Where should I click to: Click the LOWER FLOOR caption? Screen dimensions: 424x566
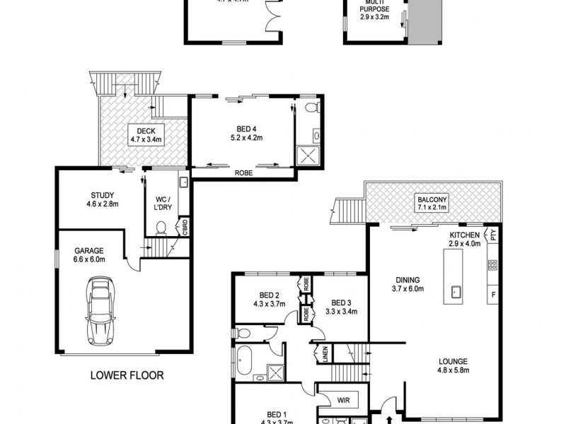(x=127, y=376)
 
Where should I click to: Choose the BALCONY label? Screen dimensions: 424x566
(x=433, y=204)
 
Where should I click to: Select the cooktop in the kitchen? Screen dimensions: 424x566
(x=492, y=266)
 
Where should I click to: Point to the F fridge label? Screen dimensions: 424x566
(x=493, y=293)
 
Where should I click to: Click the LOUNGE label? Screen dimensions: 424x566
(x=451, y=366)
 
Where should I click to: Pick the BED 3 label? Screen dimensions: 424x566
(x=340, y=305)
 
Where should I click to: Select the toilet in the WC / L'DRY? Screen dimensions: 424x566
(x=161, y=228)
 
